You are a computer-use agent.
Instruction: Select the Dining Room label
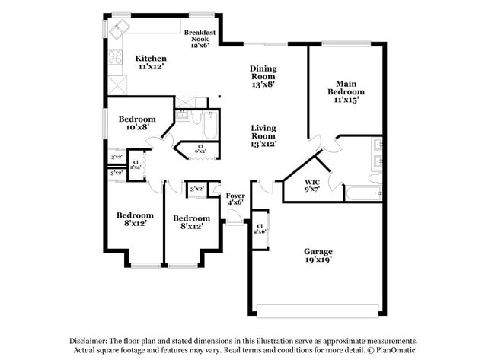pyautogui.click(x=263, y=76)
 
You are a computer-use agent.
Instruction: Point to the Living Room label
pyautogui.click(x=263, y=135)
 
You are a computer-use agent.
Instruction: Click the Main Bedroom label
pyautogui.click(x=346, y=91)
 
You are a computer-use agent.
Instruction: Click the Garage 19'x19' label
pyautogui.click(x=318, y=256)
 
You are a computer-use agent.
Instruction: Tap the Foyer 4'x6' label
pyautogui.click(x=235, y=199)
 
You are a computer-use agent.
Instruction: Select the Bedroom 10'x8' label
pyautogui.click(x=137, y=123)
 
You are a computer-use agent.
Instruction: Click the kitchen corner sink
pyautogui.click(x=118, y=30)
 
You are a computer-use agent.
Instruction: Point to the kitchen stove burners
pyautogui.click(x=115, y=56)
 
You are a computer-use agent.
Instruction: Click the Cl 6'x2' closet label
pyautogui.click(x=200, y=149)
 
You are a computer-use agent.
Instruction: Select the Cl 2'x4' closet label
pyautogui.click(x=136, y=164)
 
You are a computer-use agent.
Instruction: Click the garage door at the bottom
pyautogui.click(x=318, y=311)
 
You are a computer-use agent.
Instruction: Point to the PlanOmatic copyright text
pyautogui.click(x=397, y=351)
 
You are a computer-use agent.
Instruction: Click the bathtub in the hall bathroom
pyautogui.click(x=210, y=126)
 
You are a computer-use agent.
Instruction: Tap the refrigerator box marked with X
pyautogui.click(x=116, y=84)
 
